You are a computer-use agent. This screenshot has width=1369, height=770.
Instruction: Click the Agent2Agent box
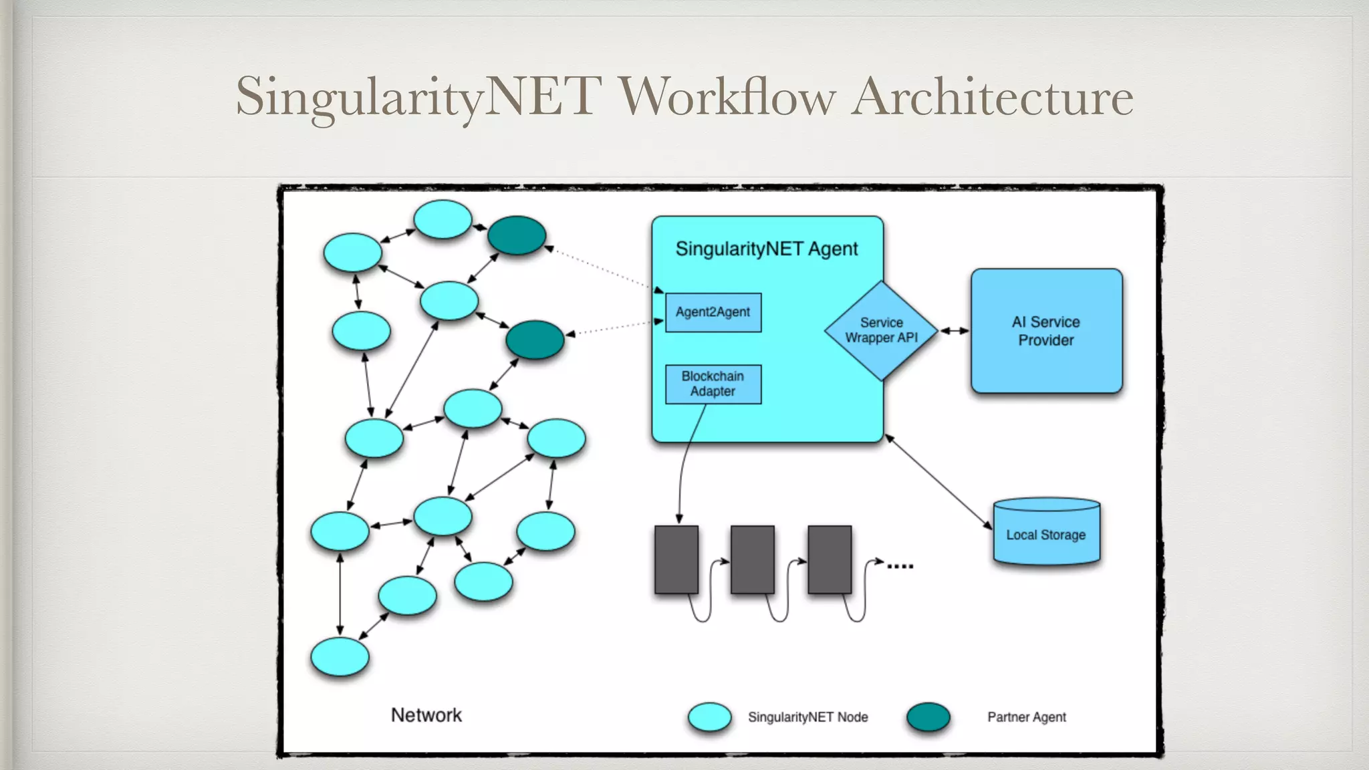(x=713, y=312)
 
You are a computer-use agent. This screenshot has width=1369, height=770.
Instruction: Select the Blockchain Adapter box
(x=713, y=384)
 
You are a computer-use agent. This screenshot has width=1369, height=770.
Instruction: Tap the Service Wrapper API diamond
(x=881, y=331)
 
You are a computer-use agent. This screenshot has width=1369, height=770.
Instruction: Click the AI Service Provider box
(x=1046, y=331)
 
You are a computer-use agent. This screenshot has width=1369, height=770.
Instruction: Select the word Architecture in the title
(x=992, y=97)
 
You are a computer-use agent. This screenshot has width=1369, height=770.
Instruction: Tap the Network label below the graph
(x=426, y=715)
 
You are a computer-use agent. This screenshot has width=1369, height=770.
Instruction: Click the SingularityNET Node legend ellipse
(x=710, y=717)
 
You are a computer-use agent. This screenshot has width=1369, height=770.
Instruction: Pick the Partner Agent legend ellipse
(x=928, y=717)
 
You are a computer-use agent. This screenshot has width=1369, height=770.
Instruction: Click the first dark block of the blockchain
(x=676, y=559)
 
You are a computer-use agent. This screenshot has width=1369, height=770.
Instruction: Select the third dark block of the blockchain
(x=830, y=559)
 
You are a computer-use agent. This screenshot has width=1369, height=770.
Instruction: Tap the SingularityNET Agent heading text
(x=767, y=249)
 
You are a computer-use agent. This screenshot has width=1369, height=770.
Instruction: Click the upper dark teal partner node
(x=517, y=235)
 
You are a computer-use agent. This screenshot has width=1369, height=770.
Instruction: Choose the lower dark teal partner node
(x=535, y=340)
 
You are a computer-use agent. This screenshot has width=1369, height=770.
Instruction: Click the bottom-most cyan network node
(x=340, y=656)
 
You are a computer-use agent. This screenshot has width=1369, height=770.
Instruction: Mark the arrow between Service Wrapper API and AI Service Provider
(x=955, y=331)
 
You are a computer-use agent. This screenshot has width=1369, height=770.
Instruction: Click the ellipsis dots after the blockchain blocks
(x=900, y=566)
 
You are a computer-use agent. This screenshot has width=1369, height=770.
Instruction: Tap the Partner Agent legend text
(x=1027, y=717)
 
